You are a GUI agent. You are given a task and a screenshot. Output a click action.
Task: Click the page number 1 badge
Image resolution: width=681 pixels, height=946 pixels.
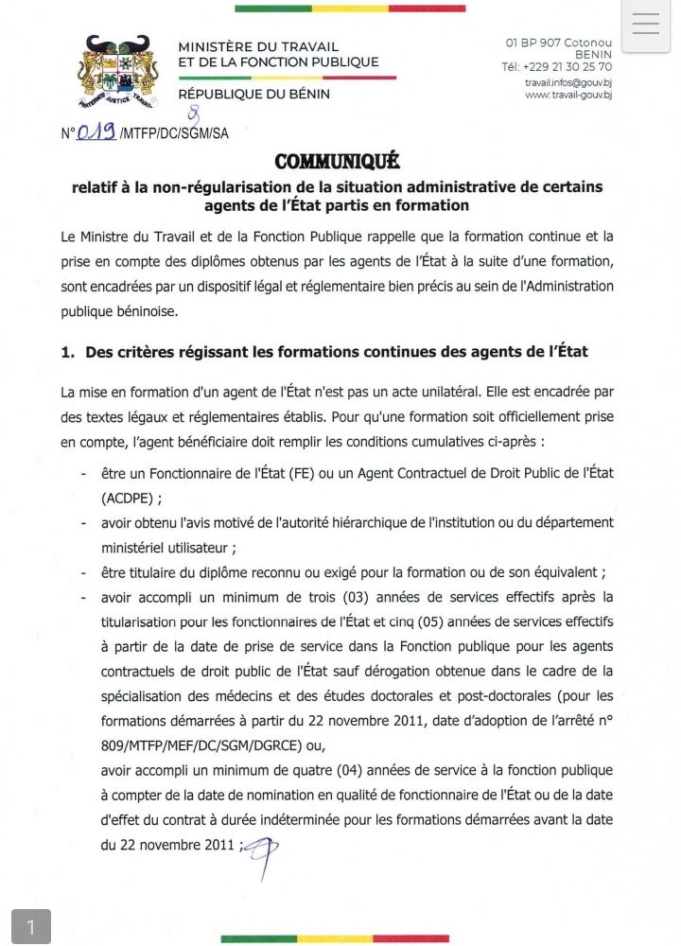coord(30,927)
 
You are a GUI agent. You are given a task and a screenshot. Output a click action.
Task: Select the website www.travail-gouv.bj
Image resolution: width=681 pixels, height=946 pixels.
coord(567,95)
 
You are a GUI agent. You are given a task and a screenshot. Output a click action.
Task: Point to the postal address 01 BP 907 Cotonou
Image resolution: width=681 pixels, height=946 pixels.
coord(559,43)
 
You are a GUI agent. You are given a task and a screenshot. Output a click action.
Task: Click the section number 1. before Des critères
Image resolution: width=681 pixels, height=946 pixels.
coord(67,352)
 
